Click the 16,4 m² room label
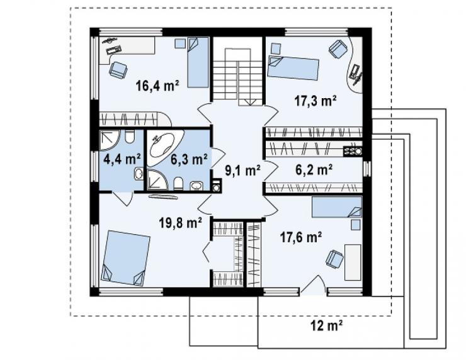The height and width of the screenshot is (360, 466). (157, 86)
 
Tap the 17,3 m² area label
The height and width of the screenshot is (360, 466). (315, 101)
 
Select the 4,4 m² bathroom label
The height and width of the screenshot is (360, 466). (122, 159)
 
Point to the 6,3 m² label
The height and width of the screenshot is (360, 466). (189, 159)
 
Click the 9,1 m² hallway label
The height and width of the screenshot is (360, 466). (242, 171)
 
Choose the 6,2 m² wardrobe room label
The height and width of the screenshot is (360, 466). (314, 170)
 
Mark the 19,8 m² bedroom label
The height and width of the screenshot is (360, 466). (181, 222)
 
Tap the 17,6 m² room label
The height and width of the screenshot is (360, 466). (301, 237)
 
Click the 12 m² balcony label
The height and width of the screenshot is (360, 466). (327, 326)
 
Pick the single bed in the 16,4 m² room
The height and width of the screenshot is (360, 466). (198, 62)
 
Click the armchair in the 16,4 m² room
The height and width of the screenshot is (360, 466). (118, 70)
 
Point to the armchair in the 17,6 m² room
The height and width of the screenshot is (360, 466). (334, 259)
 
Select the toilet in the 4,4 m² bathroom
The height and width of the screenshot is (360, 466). (130, 137)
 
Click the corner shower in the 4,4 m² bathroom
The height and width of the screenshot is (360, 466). (109, 140)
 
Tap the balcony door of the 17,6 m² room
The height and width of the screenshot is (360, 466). (313, 285)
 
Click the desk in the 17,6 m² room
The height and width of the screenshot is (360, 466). (353, 262)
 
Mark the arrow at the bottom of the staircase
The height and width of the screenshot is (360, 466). (250, 102)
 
